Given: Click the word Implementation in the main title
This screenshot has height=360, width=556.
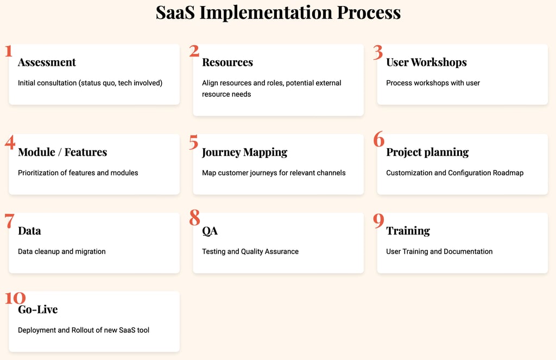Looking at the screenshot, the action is [266, 13].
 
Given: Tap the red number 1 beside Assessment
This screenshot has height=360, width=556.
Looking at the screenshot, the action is [9, 51].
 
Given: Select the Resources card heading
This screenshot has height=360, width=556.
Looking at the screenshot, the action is [228, 62].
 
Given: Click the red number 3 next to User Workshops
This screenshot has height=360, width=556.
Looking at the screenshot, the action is [378, 52].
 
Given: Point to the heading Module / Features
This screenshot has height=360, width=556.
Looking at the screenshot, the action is [62, 152].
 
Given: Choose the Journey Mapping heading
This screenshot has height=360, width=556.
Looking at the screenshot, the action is [245, 153].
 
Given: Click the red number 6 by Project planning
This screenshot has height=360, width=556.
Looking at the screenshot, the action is [378, 139].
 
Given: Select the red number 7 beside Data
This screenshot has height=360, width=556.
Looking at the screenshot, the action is [10, 221].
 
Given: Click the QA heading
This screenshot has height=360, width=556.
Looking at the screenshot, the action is [210, 231].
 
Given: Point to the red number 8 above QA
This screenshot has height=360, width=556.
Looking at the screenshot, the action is [195, 217].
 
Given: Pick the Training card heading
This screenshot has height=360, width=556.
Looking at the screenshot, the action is [408, 231].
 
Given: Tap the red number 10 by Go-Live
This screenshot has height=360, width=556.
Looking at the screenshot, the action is [15, 298].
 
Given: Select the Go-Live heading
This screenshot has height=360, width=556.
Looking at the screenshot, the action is [37, 310].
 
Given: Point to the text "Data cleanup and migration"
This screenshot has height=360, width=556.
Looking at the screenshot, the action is [62, 251].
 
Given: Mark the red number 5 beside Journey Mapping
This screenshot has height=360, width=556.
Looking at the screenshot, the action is [194, 142].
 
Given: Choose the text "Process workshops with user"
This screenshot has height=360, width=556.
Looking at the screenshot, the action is [433, 83].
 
